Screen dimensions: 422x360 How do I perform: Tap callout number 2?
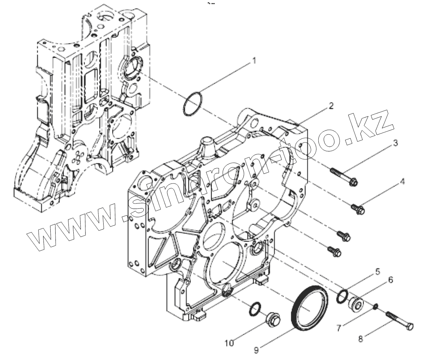pos(331,106)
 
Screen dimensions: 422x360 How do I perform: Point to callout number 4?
pos(402,182)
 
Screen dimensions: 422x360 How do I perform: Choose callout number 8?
pos(360,339)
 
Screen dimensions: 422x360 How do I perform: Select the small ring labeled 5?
pos(343,296)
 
